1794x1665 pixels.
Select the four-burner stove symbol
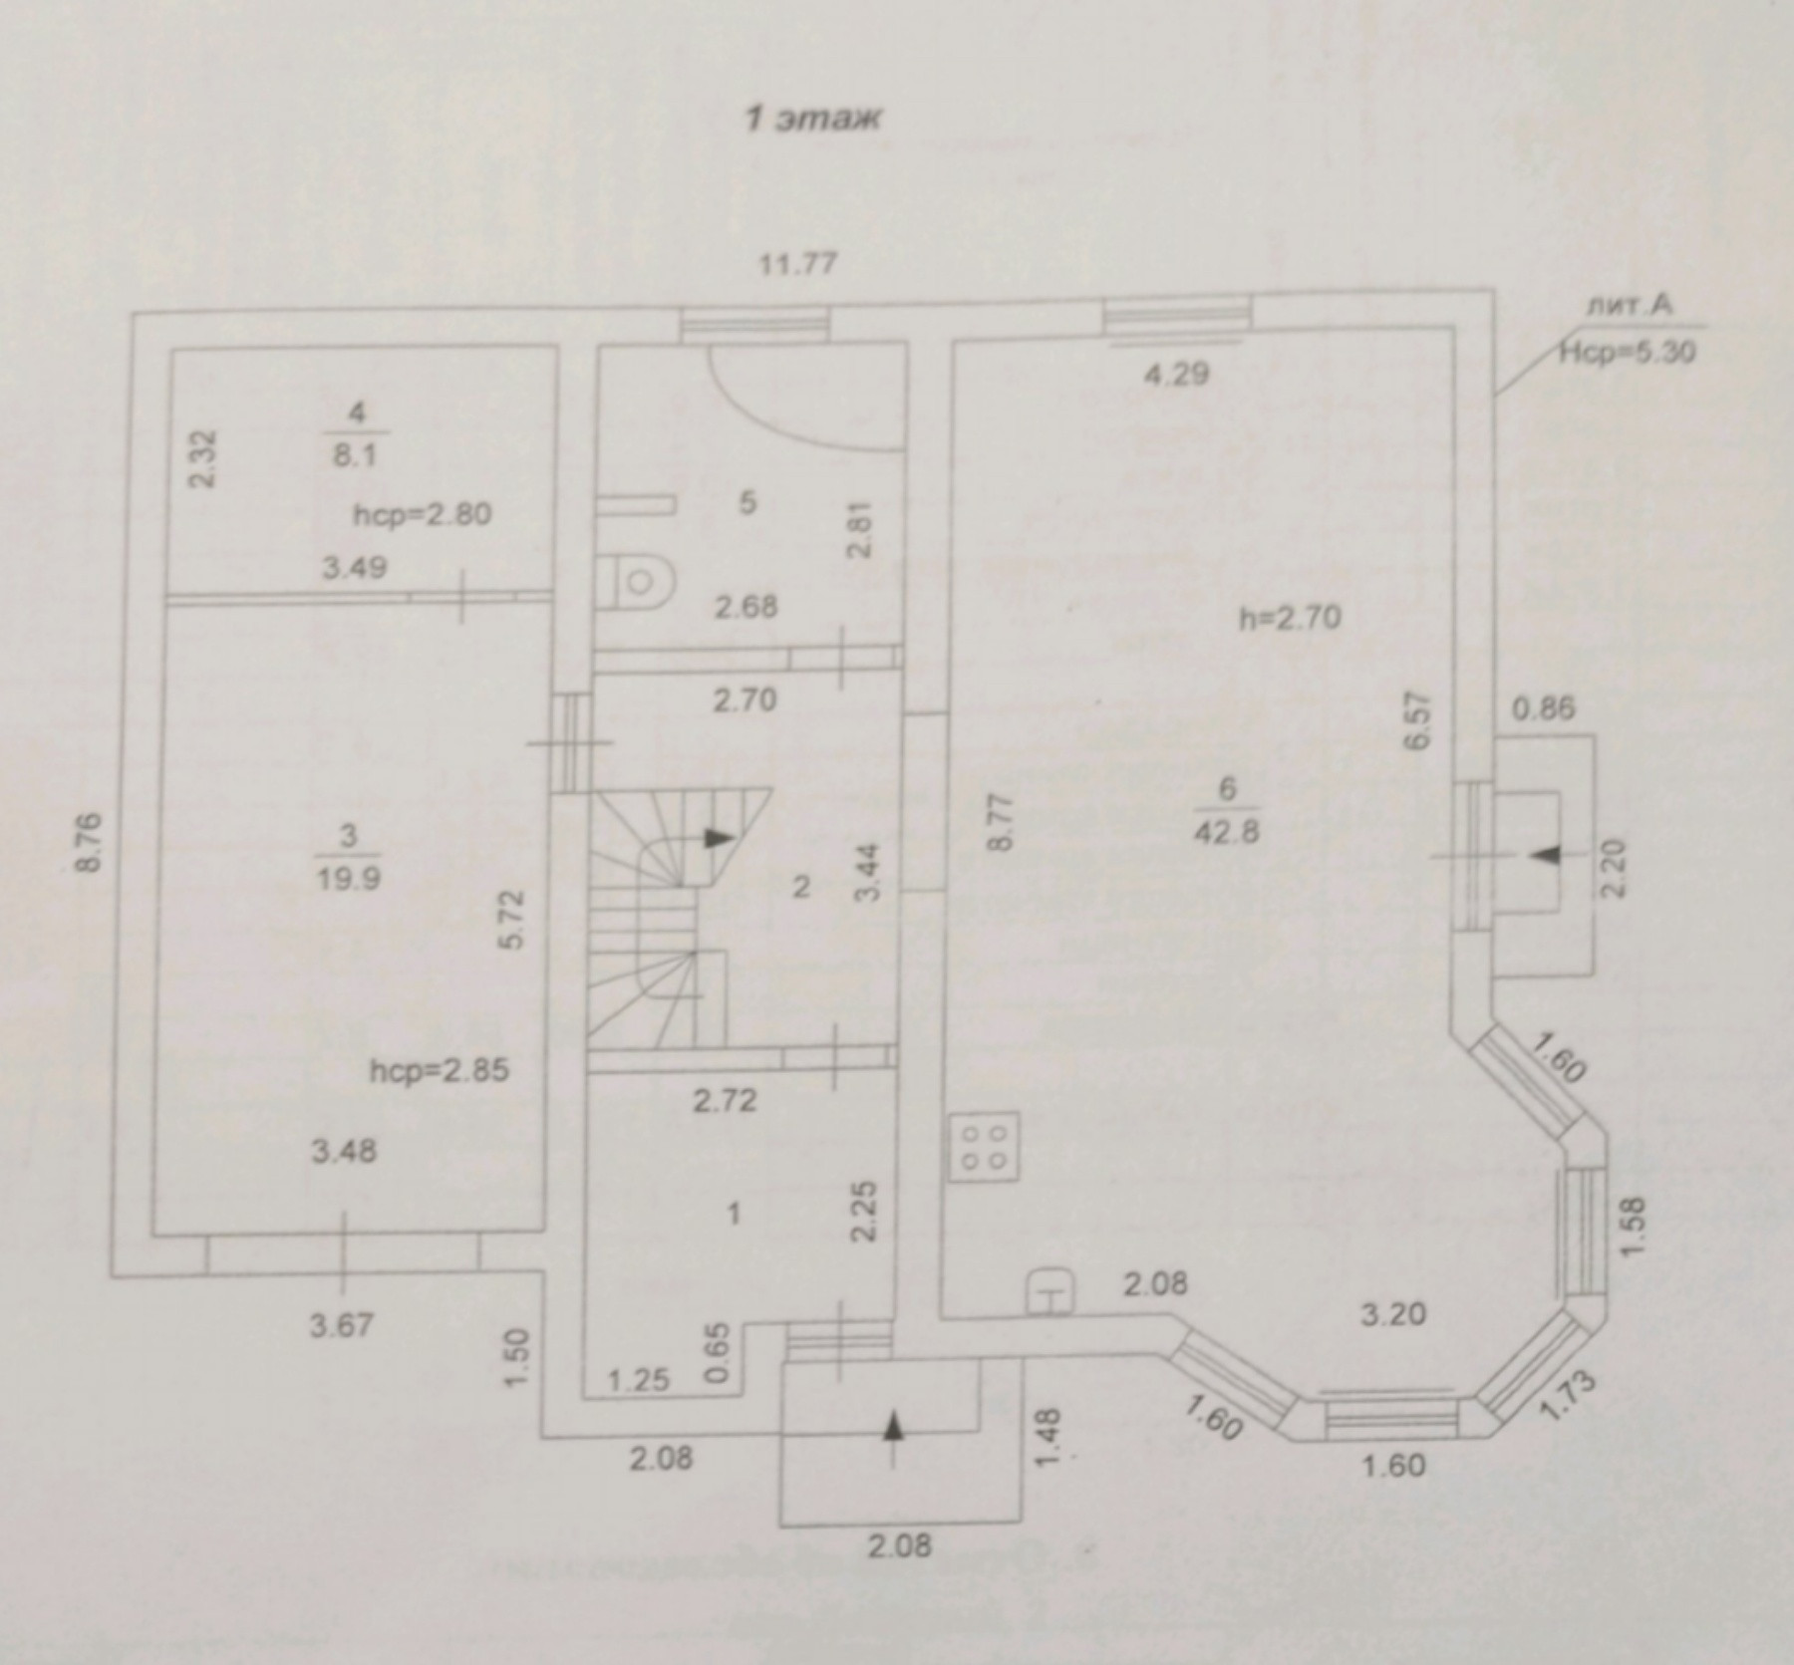coord(983,1146)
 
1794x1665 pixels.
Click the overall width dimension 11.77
coord(796,265)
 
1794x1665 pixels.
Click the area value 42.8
coord(1227,830)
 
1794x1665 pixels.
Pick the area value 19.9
coord(346,880)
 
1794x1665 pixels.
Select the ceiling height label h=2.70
coord(1290,618)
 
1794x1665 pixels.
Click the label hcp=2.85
coord(440,1071)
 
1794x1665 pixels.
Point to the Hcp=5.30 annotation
coord(1627,351)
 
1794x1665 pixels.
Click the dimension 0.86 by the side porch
coord(1544,709)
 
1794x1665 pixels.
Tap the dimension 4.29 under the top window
coord(1176,375)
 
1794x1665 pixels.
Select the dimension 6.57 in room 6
coord(1420,721)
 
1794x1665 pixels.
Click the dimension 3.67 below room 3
coord(342,1325)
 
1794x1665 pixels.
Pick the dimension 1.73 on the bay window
coord(1566,1395)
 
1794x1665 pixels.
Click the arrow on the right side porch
coord(1546,855)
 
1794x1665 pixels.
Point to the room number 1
coord(735,1214)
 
